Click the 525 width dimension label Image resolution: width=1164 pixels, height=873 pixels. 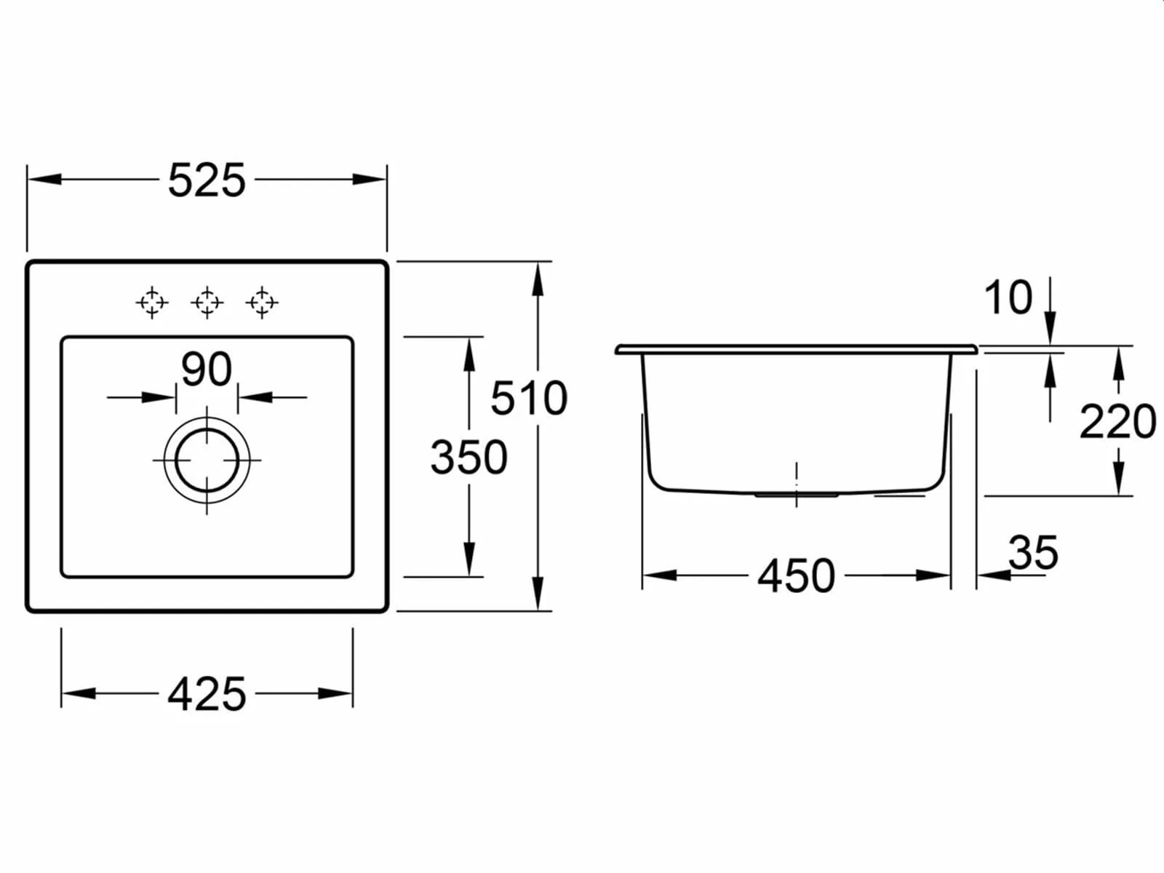pyautogui.click(x=207, y=180)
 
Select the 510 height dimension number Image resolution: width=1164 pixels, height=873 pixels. pyautogui.click(x=529, y=398)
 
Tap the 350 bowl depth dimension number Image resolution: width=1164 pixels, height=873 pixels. pyautogui.click(x=469, y=457)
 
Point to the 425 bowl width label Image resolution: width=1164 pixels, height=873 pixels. pyautogui.click(x=207, y=694)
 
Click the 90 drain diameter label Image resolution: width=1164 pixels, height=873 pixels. pyautogui.click(x=207, y=369)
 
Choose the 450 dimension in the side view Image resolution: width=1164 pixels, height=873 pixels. pyautogui.click(x=797, y=575)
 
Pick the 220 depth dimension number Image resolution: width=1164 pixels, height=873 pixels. pyautogui.click(x=1118, y=422)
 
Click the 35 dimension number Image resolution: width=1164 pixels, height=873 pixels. pyautogui.click(x=1034, y=553)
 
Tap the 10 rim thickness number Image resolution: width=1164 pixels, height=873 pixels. pyautogui.click(x=1008, y=298)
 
